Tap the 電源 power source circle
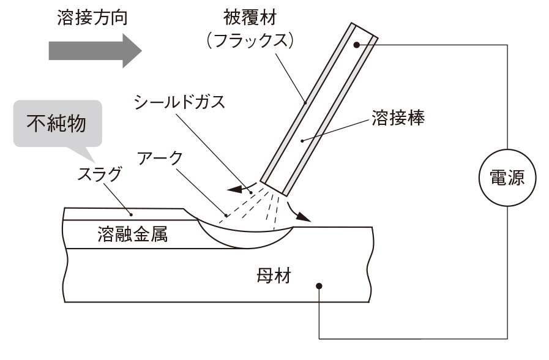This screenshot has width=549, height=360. point(506,178)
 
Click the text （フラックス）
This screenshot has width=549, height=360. point(251,41)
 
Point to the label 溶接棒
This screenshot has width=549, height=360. point(397,118)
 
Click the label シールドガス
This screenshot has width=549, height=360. point(179,102)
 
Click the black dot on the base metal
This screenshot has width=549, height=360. point(319,286)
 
